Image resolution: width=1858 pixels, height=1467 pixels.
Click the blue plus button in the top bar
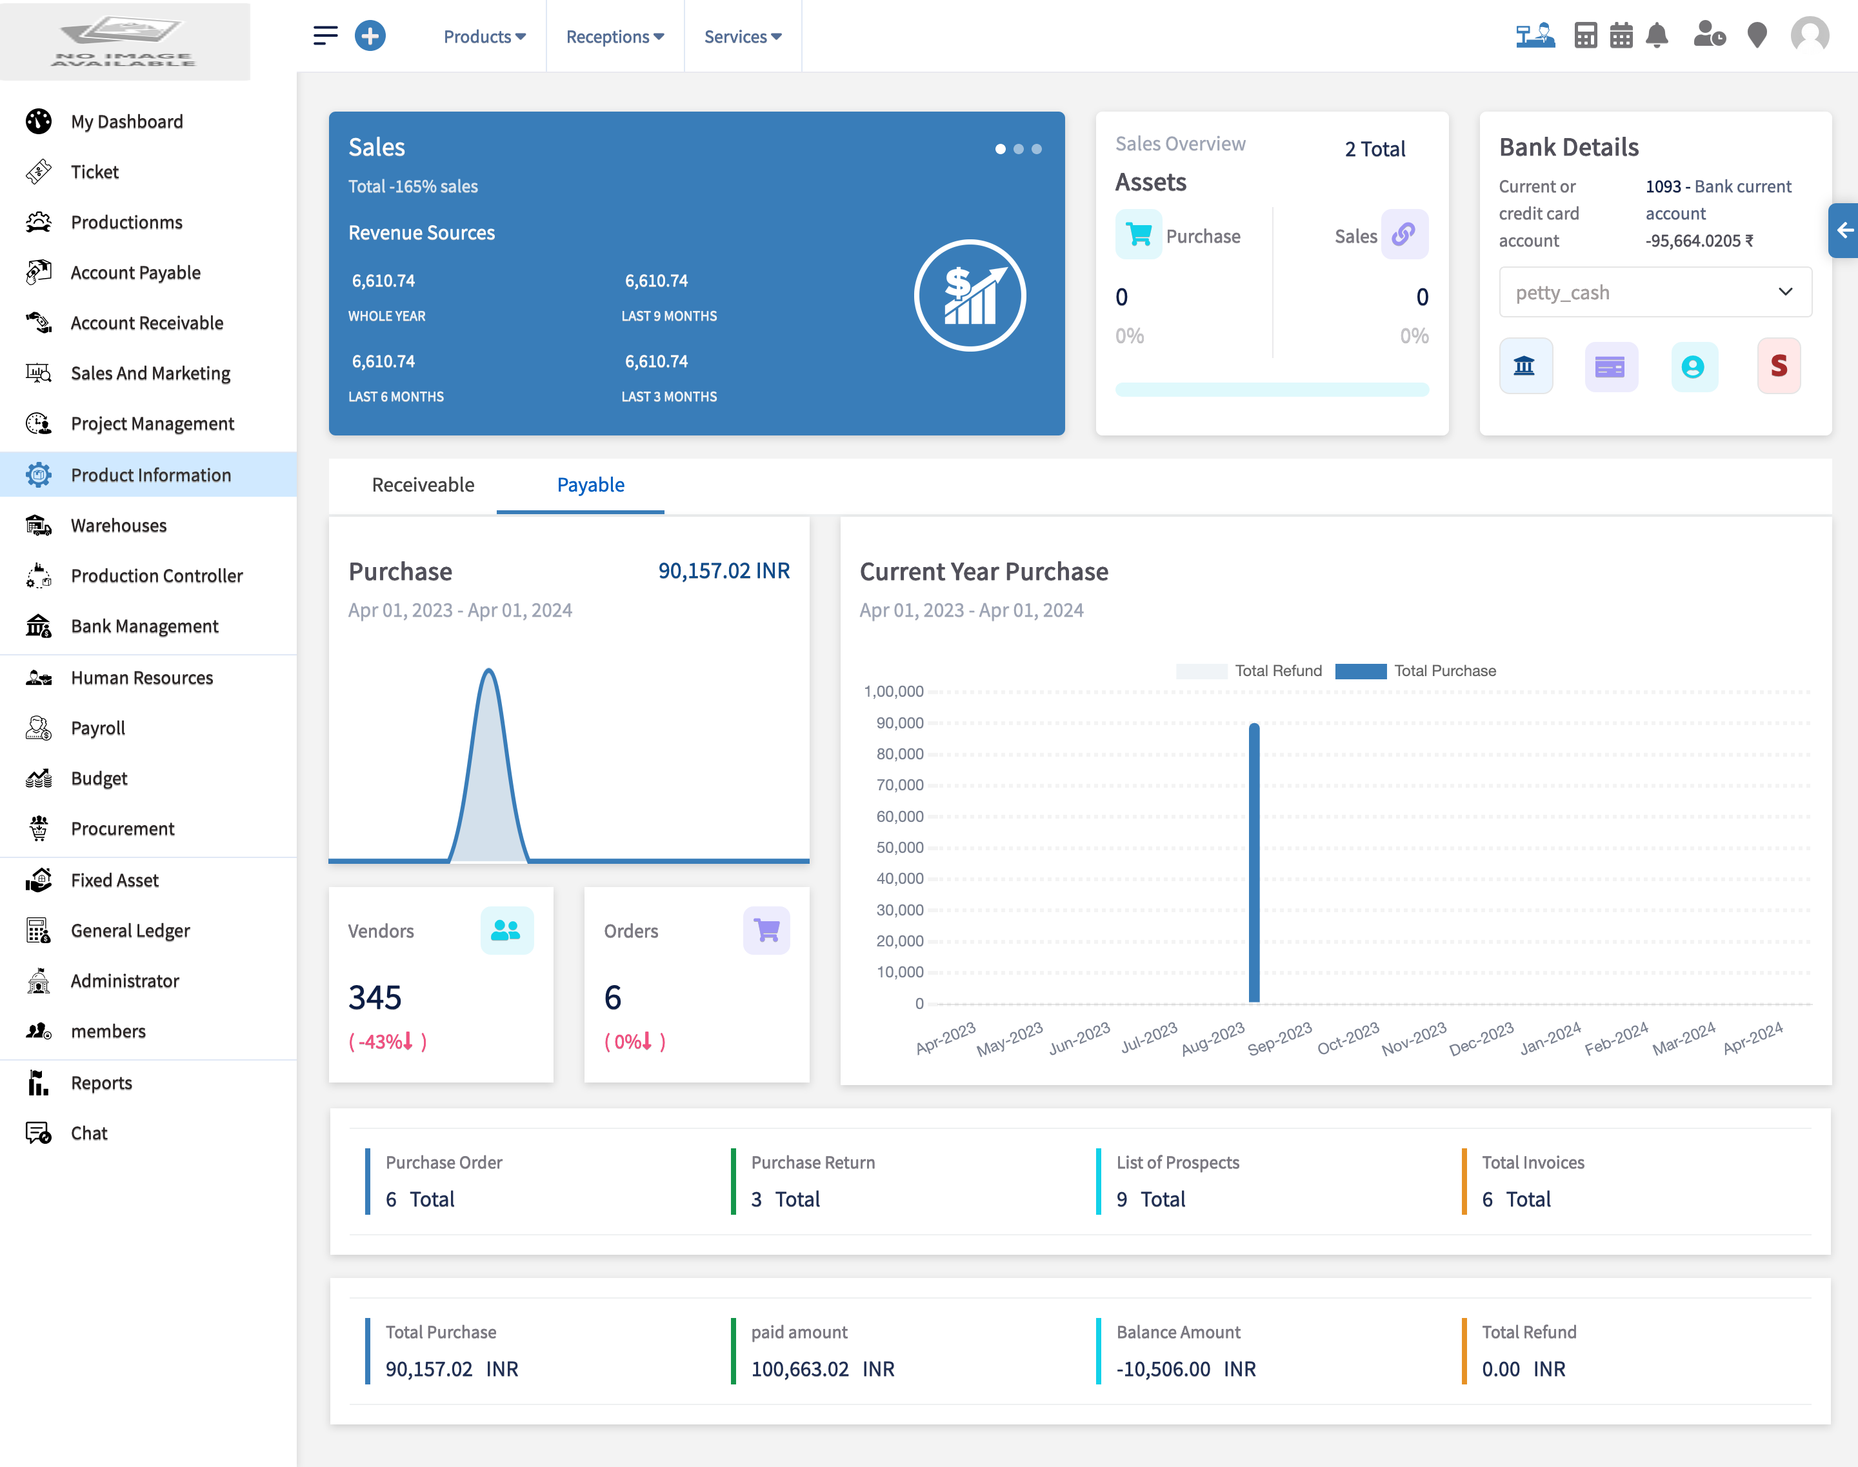370,36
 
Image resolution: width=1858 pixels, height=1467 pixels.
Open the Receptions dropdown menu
614,37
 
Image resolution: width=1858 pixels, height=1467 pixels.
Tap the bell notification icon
1657,36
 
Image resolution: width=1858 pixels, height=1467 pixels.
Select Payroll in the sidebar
98,728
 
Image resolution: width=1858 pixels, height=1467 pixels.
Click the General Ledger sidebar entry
130,930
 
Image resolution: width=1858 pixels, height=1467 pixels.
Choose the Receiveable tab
423,485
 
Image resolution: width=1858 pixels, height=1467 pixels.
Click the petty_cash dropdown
1654,292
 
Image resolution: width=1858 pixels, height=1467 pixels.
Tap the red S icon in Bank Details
1778,366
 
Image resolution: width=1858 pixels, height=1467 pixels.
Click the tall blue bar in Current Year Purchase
1254,863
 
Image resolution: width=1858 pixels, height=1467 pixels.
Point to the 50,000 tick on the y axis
899,848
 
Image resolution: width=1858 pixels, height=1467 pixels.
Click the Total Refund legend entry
1250,671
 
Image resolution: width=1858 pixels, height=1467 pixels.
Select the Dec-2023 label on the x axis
1481,1039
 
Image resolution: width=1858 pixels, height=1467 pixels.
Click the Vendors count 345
375,998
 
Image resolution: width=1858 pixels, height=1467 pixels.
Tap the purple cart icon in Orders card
766,930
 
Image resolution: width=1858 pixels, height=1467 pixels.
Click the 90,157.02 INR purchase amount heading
723,571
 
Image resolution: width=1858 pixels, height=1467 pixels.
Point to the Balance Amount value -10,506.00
1163,1369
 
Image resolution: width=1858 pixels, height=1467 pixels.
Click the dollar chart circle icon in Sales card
970,295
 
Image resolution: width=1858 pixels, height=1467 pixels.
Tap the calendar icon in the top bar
1621,36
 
